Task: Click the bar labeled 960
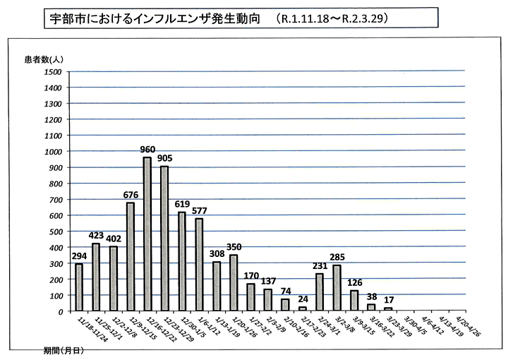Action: tap(147, 234)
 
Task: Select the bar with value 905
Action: tap(164, 238)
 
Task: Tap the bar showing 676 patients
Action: tap(130, 256)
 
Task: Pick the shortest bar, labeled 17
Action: tap(388, 308)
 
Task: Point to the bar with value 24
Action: tap(302, 308)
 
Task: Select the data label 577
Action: tap(199, 211)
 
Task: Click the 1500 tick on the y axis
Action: tap(52, 71)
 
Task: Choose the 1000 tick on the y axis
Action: tap(52, 151)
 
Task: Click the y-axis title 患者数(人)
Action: tap(44, 59)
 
